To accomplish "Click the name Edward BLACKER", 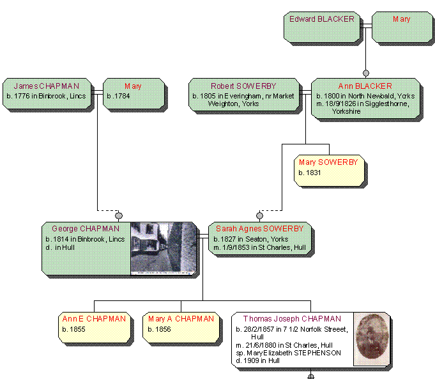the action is [321, 19].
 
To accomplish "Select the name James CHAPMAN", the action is [47, 86].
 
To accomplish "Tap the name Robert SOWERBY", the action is [243, 86].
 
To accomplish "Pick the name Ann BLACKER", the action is [365, 86].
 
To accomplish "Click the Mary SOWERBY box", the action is [329, 171].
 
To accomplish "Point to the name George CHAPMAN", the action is [86, 229].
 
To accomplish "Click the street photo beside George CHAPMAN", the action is [164, 249].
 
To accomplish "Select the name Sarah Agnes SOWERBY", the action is [260, 229].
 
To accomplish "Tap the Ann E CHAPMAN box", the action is [95, 327].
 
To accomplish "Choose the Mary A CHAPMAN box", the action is [181, 327].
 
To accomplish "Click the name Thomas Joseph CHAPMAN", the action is [292, 318].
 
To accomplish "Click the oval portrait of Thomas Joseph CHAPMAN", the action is [372, 339].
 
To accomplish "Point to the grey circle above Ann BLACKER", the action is [366, 73].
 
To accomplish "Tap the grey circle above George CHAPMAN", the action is [119, 215].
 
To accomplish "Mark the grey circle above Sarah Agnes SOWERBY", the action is [260, 215].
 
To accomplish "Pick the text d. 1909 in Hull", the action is [257, 360].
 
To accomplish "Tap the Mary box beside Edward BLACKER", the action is [402, 27].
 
